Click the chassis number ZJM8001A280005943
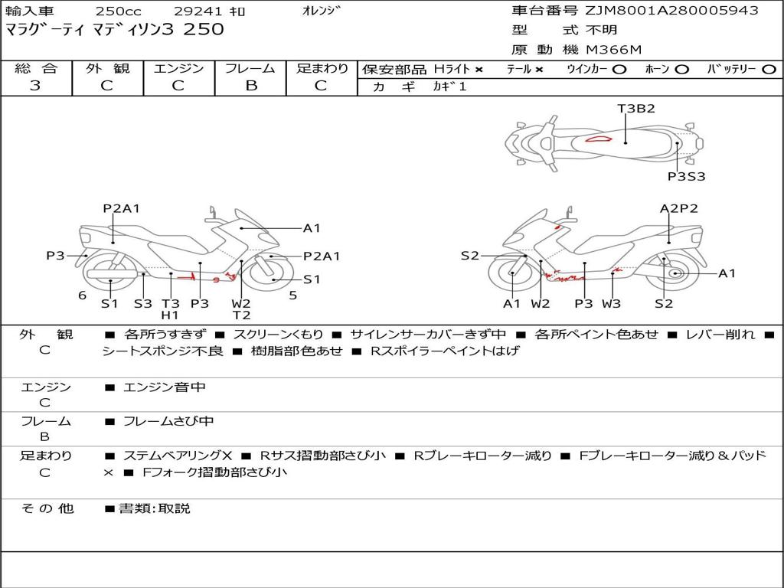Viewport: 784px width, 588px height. pyautogui.click(x=672, y=10)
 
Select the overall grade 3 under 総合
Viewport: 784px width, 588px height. pyautogui.click(x=35, y=86)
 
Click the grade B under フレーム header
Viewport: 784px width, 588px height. pyautogui.click(x=251, y=86)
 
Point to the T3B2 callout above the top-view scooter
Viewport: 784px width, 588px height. pyautogui.click(x=636, y=109)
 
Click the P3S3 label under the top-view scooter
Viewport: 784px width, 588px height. pyautogui.click(x=687, y=176)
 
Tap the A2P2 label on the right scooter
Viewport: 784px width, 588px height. pyautogui.click(x=678, y=208)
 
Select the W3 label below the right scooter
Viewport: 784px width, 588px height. pyautogui.click(x=611, y=303)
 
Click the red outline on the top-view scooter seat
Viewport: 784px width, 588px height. pyautogui.click(x=599, y=139)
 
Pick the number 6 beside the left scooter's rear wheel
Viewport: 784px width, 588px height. pyautogui.click(x=83, y=296)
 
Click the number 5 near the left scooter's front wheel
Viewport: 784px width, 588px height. pyautogui.click(x=293, y=296)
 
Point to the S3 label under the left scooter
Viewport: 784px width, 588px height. pyautogui.click(x=143, y=303)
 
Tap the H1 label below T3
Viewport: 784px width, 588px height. pyautogui.click(x=170, y=315)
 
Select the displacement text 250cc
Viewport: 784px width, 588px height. pyautogui.click(x=119, y=11)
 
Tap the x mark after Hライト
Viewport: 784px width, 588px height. pyautogui.click(x=479, y=70)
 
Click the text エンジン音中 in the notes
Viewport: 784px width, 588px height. pyautogui.click(x=165, y=387)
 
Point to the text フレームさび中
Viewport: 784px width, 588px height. pyautogui.click(x=168, y=422)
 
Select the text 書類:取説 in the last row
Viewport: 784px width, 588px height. pyautogui.click(x=155, y=508)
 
